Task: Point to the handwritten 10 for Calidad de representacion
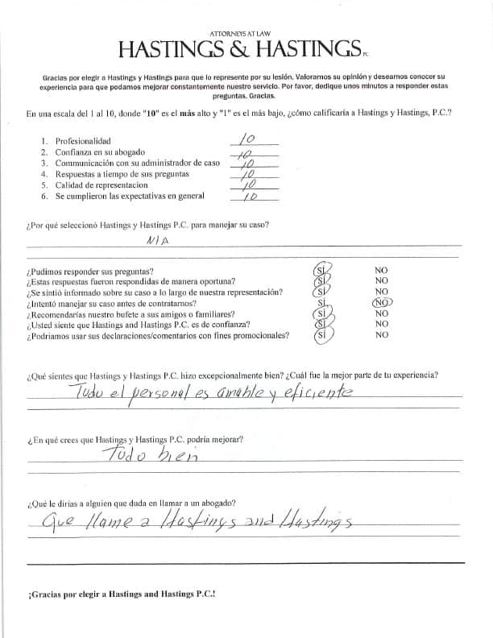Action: (x=249, y=184)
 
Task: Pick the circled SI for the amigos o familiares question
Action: (x=321, y=313)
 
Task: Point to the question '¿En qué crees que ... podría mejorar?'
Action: (x=135, y=440)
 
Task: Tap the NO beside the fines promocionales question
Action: (x=381, y=335)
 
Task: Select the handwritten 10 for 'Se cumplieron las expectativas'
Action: (x=249, y=196)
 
